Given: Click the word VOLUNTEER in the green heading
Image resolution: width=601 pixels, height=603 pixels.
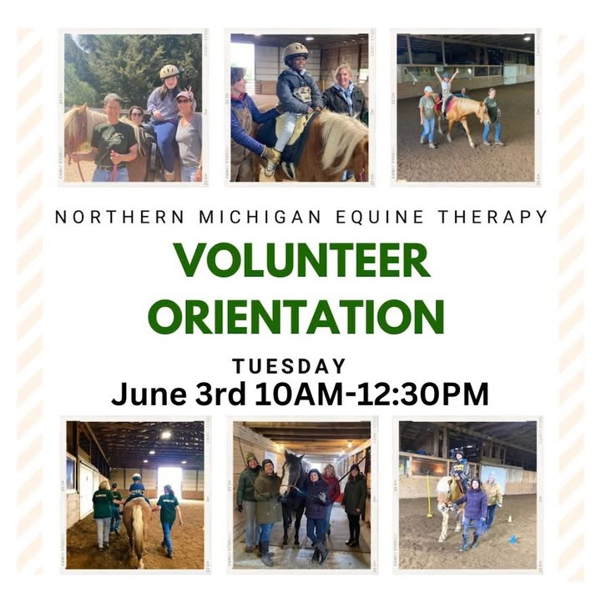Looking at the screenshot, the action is [302, 260].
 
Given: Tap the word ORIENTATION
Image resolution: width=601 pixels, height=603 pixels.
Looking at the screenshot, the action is [296, 316].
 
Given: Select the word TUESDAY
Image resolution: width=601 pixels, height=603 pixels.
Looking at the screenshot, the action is [289, 366].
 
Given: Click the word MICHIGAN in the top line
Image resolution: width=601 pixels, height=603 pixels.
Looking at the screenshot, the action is [260, 217].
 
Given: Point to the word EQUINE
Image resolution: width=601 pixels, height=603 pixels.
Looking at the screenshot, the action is [380, 217].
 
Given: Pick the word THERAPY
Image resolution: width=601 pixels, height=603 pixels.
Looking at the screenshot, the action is [493, 217].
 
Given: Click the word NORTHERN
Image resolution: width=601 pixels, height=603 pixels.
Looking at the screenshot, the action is [120, 217].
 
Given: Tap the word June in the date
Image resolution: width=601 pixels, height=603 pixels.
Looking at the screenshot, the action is [149, 394].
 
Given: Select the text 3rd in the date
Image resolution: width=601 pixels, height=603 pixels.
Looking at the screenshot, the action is [220, 394].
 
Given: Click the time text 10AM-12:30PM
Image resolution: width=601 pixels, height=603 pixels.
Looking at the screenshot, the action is [371, 394].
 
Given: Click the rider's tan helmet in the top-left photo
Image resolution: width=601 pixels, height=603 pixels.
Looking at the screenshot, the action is [169, 71].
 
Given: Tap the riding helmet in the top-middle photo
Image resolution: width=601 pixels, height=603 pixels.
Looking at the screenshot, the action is [295, 52].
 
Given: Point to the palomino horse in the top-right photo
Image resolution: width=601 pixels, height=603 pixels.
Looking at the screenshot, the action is [467, 115].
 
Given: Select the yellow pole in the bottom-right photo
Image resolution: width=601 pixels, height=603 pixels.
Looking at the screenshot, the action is [429, 495].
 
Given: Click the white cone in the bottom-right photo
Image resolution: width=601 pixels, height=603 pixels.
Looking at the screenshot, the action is [510, 519].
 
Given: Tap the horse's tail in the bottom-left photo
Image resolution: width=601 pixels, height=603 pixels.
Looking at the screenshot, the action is [138, 534].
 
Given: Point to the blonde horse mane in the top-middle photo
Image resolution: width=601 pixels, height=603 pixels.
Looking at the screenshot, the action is [339, 127].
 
